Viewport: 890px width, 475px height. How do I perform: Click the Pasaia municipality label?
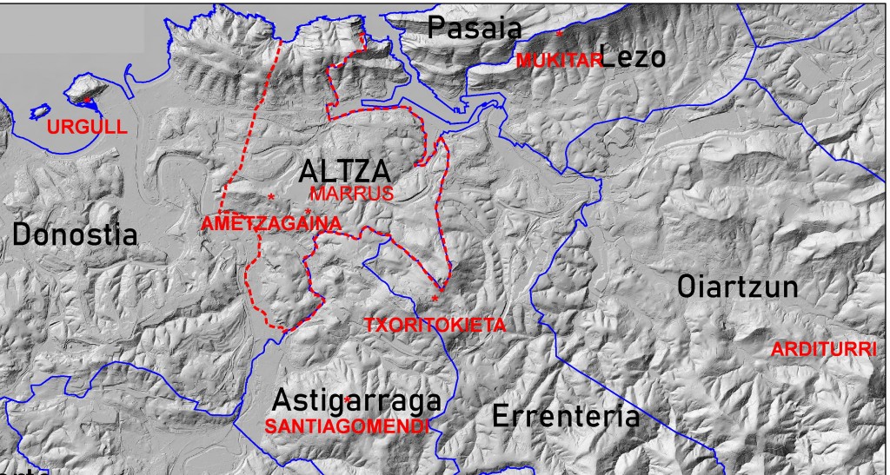tap(475, 28)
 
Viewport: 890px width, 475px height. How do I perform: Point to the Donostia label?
tap(76, 234)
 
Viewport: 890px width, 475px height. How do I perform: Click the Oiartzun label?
tap(738, 287)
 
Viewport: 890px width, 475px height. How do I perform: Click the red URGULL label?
tap(81, 127)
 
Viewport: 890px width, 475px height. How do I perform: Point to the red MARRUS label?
tap(352, 193)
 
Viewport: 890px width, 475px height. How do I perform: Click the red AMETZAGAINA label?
tap(271, 223)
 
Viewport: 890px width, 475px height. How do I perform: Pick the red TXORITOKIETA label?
tap(434, 325)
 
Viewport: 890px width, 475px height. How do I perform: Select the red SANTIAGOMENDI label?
tap(347, 426)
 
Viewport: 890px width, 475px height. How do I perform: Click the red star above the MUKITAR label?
tap(560, 34)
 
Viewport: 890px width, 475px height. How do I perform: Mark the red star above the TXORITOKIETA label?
tap(435, 300)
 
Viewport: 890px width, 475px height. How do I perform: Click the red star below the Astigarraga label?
tap(347, 399)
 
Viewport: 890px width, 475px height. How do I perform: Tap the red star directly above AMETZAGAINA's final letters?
tap(309, 211)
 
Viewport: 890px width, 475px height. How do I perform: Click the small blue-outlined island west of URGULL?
tap(38, 112)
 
